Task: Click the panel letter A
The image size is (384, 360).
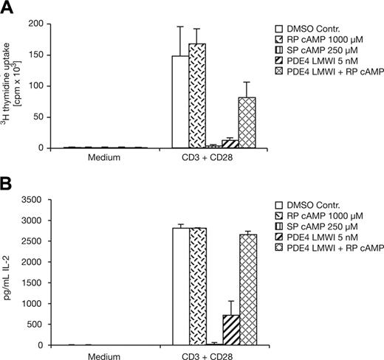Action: pos(7,7)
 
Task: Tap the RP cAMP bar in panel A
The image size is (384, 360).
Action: pos(196,95)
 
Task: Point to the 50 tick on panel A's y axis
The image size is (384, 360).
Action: pos(44,117)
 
